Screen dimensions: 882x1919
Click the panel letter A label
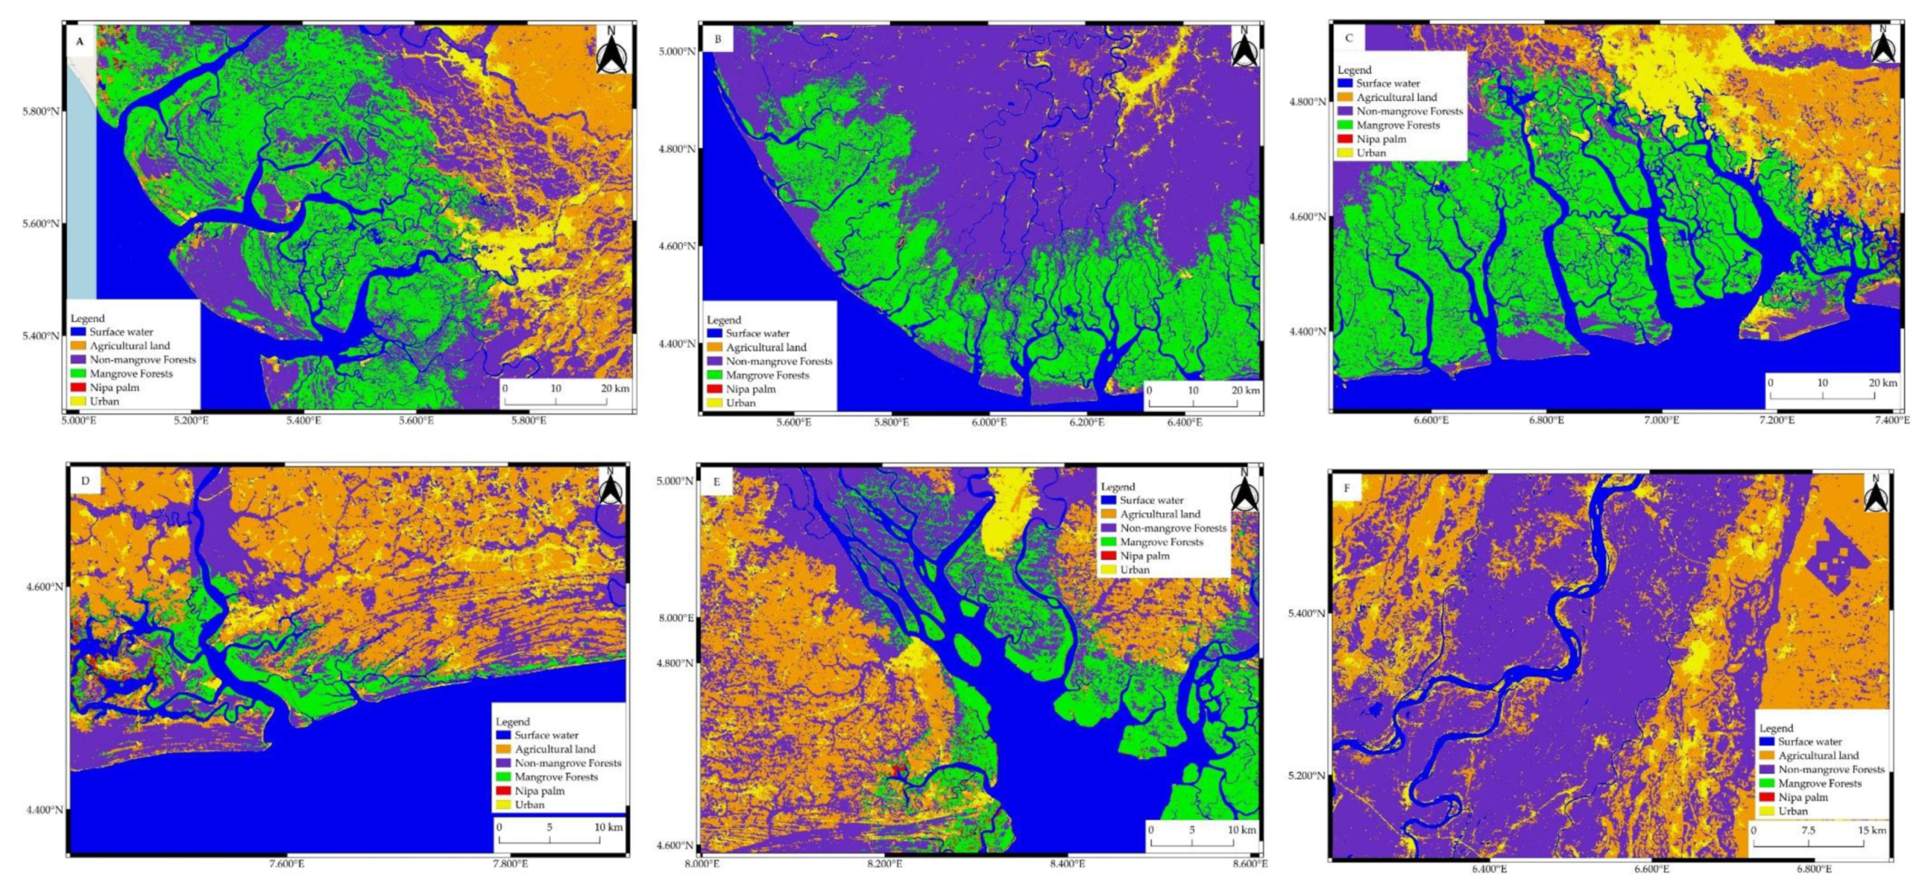pos(80,42)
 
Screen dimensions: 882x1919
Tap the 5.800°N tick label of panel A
pos(40,111)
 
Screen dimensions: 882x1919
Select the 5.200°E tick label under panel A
pos(191,421)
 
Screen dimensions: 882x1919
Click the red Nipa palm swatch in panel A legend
pos(78,387)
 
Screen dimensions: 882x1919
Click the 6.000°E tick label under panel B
pos(989,422)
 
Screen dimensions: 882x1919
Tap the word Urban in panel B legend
pos(741,403)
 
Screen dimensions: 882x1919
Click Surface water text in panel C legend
pos(1388,83)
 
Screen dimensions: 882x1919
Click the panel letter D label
pos(85,481)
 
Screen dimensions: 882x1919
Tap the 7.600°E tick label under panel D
pos(286,864)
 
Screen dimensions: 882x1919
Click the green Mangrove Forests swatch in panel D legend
pos(503,777)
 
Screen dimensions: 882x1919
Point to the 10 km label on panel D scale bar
pos(608,827)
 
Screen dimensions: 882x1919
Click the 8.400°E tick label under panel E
pos(1067,864)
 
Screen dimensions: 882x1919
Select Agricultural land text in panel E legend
pos(1160,514)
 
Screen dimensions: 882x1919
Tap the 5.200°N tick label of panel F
pos(1306,775)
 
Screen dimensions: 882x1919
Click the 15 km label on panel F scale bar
pos(1871,830)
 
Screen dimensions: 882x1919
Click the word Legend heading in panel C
pos(1354,70)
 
